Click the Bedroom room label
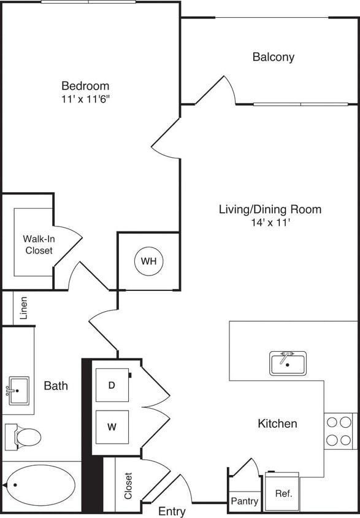85,86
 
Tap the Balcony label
274,57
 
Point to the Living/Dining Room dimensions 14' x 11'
270,223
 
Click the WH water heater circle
149,261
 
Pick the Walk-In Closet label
38,244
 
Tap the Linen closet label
24,308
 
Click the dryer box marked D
112,385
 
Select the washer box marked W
112,427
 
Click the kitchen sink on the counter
288,363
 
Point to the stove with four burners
339,431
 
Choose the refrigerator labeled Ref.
283,493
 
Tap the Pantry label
244,501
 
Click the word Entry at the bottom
172,511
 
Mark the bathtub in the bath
41,485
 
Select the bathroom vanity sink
18,389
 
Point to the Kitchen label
277,423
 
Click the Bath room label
56,386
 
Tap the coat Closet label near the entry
128,485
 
